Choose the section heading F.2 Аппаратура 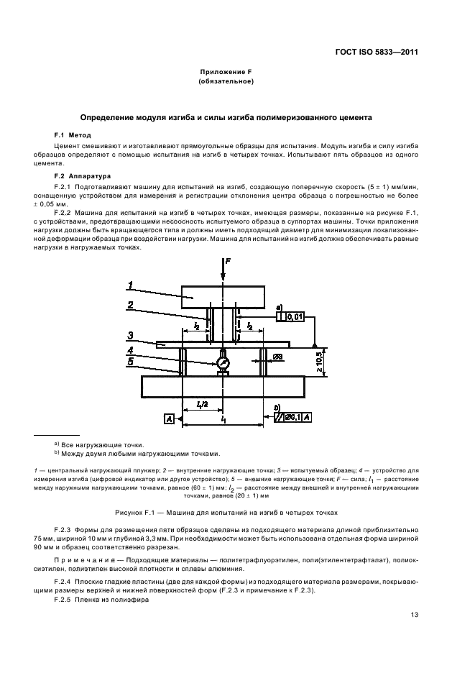[x=80, y=175]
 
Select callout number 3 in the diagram [x=130, y=334]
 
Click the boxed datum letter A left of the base [x=168, y=419]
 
